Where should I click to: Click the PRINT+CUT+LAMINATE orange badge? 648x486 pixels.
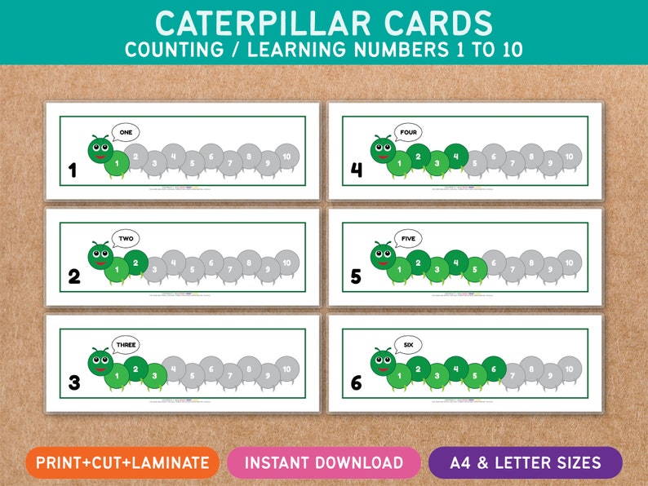(x=122, y=462)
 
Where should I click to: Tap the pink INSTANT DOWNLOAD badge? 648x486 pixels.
(x=324, y=462)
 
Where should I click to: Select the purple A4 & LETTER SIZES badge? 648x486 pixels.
(x=525, y=462)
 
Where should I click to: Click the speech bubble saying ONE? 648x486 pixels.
(x=125, y=132)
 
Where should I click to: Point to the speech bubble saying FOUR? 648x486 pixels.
(x=407, y=132)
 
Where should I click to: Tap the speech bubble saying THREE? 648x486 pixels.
(x=125, y=345)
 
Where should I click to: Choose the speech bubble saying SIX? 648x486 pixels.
(x=407, y=345)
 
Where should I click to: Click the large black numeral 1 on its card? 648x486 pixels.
(x=73, y=170)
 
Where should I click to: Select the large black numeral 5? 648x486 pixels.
(x=356, y=277)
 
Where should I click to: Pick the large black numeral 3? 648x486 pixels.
(x=73, y=383)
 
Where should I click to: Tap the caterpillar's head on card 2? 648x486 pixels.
(x=100, y=256)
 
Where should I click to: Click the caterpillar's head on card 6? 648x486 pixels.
(x=382, y=362)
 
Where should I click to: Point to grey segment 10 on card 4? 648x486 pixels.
(x=569, y=156)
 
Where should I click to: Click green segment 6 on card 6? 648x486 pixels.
(x=493, y=369)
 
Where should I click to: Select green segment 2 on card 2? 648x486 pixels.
(x=135, y=263)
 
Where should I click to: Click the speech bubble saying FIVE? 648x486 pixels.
(x=407, y=239)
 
